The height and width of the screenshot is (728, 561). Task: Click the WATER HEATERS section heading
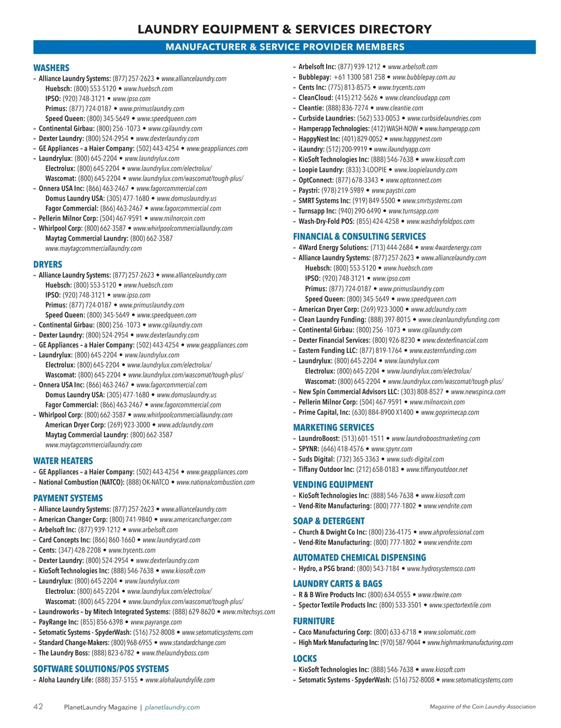(63, 461)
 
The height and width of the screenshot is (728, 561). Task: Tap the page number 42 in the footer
(38, 707)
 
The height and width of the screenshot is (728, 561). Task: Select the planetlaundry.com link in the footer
(172, 707)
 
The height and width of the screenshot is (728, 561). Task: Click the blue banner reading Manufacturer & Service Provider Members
(284, 47)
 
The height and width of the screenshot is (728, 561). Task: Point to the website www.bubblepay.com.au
(424, 77)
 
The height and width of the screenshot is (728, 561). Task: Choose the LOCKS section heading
(305, 658)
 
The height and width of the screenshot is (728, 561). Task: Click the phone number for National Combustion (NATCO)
(148, 482)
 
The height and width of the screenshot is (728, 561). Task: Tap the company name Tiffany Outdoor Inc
(326, 469)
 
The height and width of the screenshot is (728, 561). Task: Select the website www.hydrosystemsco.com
(441, 569)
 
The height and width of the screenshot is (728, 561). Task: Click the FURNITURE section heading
(314, 621)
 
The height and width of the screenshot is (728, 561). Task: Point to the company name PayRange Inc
(58, 622)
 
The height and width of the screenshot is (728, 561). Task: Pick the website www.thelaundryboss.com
(175, 653)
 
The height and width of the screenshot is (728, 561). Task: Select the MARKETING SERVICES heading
(333, 427)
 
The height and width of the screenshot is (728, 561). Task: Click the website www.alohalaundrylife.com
(180, 680)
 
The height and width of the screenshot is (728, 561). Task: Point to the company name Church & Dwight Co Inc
(332, 532)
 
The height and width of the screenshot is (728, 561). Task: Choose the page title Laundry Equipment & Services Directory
(284, 29)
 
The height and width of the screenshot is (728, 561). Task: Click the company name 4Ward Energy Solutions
(333, 248)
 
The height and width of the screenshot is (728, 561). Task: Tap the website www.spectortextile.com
(460, 605)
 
